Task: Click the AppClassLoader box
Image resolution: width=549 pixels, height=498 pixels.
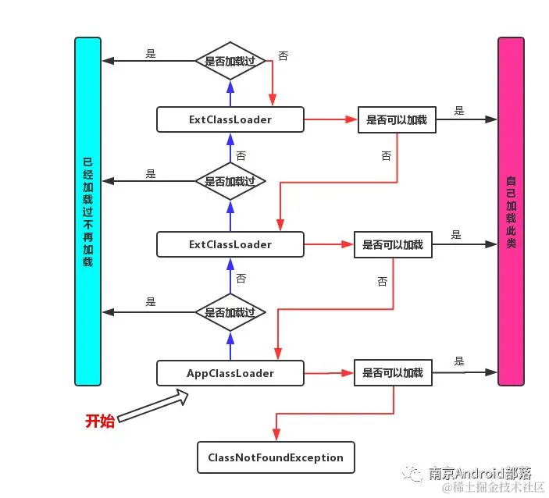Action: pyautogui.click(x=230, y=373)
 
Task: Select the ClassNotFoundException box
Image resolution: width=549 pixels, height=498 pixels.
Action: pyautogui.click(x=276, y=457)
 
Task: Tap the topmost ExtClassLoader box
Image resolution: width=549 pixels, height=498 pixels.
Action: pyautogui.click(x=230, y=119)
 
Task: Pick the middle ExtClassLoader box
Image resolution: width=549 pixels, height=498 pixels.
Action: pyautogui.click(x=230, y=244)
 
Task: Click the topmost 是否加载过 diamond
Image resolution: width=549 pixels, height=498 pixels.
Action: pyautogui.click(x=230, y=60)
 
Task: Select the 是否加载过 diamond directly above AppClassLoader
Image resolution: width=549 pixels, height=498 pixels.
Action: pyautogui.click(x=230, y=312)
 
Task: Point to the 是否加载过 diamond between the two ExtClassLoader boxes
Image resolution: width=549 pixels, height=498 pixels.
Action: pyautogui.click(x=230, y=181)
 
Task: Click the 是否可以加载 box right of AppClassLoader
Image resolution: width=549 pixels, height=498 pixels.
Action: pyautogui.click(x=393, y=373)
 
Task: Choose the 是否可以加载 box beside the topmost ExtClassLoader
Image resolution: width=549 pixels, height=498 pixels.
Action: pyautogui.click(x=397, y=120)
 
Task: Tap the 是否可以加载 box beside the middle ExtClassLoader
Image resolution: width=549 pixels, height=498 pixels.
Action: pyautogui.click(x=393, y=245)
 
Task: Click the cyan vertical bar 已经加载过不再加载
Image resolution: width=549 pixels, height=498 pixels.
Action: pyautogui.click(x=88, y=211)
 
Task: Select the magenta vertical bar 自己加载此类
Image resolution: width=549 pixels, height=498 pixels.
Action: pyautogui.click(x=511, y=211)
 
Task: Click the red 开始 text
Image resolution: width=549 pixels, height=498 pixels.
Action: pyautogui.click(x=100, y=422)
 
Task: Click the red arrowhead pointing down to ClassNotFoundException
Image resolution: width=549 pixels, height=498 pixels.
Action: pyautogui.click(x=276, y=436)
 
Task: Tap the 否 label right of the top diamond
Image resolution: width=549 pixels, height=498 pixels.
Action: pyautogui.click(x=283, y=57)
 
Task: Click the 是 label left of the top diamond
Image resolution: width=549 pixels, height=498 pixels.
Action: pyautogui.click(x=151, y=54)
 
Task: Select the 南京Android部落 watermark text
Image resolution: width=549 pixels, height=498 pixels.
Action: pyautogui.click(x=479, y=473)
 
